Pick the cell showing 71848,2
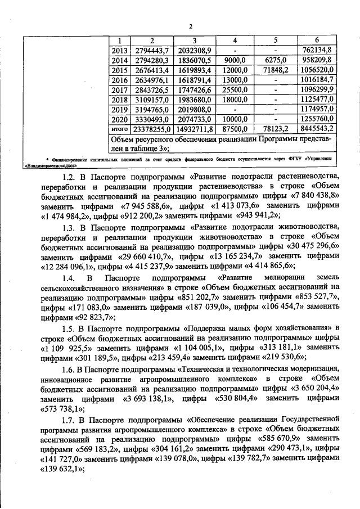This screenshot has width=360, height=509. [x=276, y=70]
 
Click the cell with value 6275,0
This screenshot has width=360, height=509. [x=276, y=60]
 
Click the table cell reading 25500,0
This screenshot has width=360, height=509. [x=235, y=90]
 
